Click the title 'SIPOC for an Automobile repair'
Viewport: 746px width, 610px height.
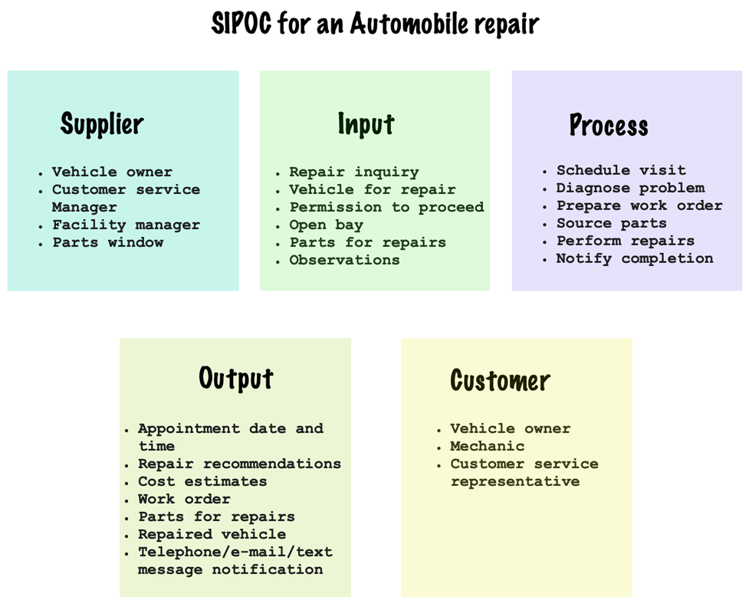[375, 23]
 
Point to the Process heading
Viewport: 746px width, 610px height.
[609, 125]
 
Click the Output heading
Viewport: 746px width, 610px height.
[236, 378]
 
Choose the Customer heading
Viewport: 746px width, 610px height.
[500, 380]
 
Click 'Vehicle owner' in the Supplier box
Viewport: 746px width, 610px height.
[112, 172]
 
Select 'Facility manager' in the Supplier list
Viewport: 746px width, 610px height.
[126, 225]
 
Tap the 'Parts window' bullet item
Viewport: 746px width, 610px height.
[108, 242]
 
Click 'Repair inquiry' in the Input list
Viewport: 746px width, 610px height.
[354, 172]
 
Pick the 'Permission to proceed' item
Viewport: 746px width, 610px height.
[386, 207]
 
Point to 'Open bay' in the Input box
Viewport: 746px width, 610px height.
[327, 225]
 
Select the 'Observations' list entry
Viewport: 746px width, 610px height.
[344, 260]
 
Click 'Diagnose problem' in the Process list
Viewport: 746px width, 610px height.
[630, 188]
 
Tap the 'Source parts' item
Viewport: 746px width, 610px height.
[611, 223]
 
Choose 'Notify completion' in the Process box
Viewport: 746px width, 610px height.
[635, 258]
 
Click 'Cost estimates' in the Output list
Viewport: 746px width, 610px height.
[202, 481]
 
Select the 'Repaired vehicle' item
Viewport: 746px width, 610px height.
[212, 534]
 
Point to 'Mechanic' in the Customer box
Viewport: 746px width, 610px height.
[487, 446]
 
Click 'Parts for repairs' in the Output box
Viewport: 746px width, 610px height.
[216, 517]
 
